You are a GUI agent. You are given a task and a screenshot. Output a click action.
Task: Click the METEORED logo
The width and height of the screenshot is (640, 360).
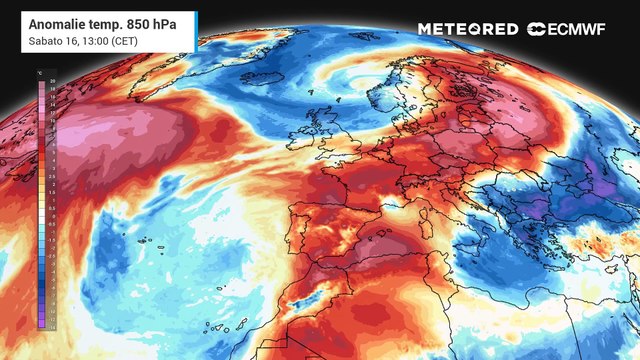(x=467, y=29)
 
